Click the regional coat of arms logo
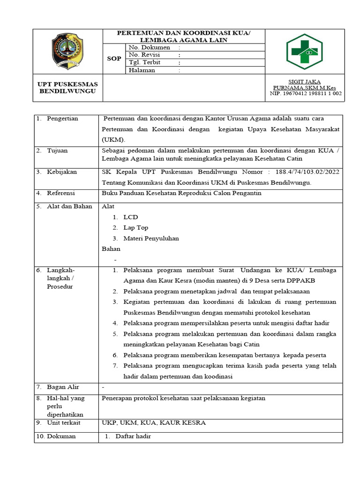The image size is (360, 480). pyautogui.click(x=68, y=51)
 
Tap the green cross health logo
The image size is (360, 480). pyautogui.click(x=305, y=51)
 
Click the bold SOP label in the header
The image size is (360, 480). pyautogui.click(x=114, y=59)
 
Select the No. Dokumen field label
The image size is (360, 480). pyautogui.click(x=150, y=48)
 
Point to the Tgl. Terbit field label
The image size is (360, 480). pyautogui.click(x=144, y=63)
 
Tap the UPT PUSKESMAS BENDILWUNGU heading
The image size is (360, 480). pyautogui.click(x=68, y=88)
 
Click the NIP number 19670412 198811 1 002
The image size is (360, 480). pyautogui.click(x=306, y=93)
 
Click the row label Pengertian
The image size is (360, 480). pyautogui.click(x=62, y=119)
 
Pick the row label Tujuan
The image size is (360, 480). pyautogui.click(x=57, y=150)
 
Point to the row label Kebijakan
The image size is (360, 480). pyautogui.click(x=62, y=172)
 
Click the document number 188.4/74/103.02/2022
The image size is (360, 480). pyautogui.click(x=307, y=172)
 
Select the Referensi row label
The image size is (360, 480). pyautogui.click(x=61, y=193)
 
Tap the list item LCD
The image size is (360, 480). pyautogui.click(x=131, y=217)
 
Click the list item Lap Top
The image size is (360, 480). pyautogui.click(x=136, y=228)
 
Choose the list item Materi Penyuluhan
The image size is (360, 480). pyautogui.click(x=151, y=238)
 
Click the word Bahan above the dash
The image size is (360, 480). pyautogui.click(x=111, y=249)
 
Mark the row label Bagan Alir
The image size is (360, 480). pyautogui.click(x=63, y=387)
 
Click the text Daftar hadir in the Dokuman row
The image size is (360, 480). pyautogui.click(x=133, y=436)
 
